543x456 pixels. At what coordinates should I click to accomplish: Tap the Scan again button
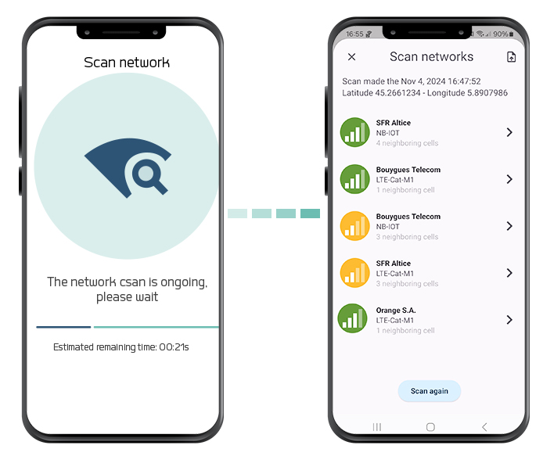pyautogui.click(x=429, y=391)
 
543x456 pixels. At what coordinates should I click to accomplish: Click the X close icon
pyautogui.click(x=351, y=57)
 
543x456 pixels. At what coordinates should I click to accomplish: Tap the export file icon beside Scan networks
pyautogui.click(x=511, y=57)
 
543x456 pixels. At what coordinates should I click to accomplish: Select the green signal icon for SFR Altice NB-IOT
pyautogui.click(x=355, y=132)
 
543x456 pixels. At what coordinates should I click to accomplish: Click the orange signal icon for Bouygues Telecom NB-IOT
pyautogui.click(x=355, y=226)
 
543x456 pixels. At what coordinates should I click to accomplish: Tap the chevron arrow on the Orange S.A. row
pyautogui.click(x=509, y=320)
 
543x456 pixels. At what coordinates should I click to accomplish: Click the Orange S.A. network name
pyautogui.click(x=396, y=311)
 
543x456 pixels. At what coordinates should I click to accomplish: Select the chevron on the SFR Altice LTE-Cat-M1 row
pyautogui.click(x=509, y=273)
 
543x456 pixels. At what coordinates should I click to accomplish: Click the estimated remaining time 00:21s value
pyautogui.click(x=174, y=347)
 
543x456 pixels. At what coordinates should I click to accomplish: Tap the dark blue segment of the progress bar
pyautogui.click(x=63, y=327)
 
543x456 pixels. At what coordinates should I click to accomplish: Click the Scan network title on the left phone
pyautogui.click(x=127, y=63)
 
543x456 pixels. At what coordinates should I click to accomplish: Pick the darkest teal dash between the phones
pyautogui.click(x=310, y=214)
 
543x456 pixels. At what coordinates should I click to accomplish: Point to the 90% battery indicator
pyautogui.click(x=503, y=34)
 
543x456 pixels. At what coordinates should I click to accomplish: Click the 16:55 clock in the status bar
pyautogui.click(x=354, y=34)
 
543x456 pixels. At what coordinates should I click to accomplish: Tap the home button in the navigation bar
pyautogui.click(x=430, y=427)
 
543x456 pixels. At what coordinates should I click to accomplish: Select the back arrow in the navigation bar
pyautogui.click(x=484, y=427)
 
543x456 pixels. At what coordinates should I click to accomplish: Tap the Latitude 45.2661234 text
pyautogui.click(x=381, y=93)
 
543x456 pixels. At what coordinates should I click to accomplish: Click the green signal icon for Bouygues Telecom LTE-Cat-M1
pyautogui.click(x=355, y=179)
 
